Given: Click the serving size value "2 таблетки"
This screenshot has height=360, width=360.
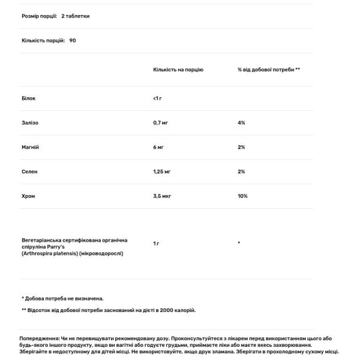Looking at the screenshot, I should coord(75,16).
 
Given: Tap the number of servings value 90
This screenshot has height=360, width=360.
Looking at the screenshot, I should coord(73,41).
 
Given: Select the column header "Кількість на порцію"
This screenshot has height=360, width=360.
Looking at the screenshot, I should coord(178,70).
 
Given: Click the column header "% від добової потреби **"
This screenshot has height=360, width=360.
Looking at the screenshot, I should coord(269,70).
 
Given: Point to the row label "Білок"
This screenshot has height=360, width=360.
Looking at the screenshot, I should coord(28,97).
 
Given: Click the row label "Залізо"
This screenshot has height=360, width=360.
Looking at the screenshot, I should coord(29,122).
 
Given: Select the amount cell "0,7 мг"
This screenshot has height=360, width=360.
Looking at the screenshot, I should coord(161,122).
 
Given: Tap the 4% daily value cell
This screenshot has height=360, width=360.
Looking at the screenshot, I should coord(241,122).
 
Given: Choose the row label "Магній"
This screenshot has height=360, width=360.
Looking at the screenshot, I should coord(30,147).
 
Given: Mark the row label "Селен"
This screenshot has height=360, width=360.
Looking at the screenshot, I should coord(29,172).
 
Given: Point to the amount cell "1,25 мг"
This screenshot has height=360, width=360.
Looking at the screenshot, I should coord(163,172).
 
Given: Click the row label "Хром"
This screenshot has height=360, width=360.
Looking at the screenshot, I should coord(28,196).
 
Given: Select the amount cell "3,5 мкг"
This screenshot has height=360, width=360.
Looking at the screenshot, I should coord(163,196).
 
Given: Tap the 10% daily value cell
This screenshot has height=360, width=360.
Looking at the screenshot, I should coord(242,196).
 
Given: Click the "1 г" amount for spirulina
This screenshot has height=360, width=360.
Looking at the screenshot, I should coord(156,243).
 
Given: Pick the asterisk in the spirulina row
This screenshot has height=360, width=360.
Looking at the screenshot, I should coord(239,243).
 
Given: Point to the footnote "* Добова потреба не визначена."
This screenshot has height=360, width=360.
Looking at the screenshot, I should coord(62,298).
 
